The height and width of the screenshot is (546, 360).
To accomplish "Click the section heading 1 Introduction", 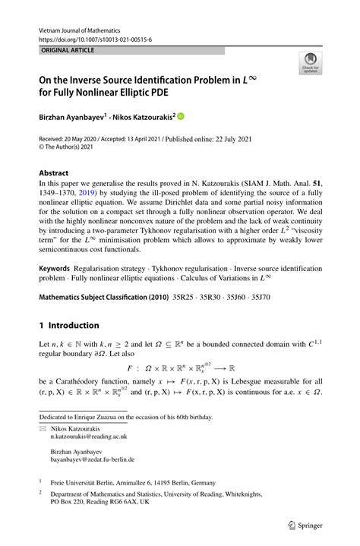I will pyautogui.click(x=69, y=324).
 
